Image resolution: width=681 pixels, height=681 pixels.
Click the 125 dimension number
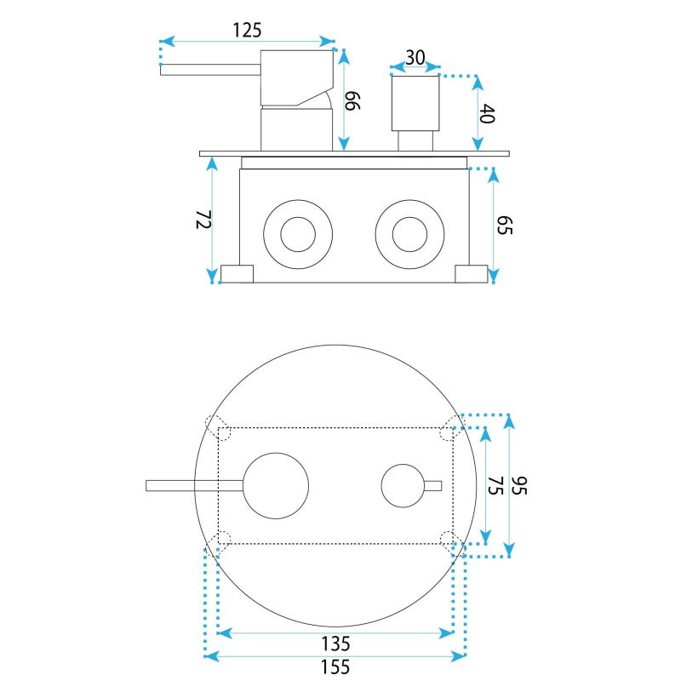247,30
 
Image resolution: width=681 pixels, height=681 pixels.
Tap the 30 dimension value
415,58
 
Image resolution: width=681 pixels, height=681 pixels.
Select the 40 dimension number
488,114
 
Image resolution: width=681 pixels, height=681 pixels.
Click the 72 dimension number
203,220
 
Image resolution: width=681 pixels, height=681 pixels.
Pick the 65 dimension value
504,225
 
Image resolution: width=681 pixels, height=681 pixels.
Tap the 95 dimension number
521,486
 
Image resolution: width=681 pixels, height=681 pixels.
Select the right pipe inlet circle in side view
409,234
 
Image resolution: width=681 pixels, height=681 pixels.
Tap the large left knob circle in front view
277,484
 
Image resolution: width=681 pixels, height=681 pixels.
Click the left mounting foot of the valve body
237,273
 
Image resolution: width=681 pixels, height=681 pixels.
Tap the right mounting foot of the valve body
471,273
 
